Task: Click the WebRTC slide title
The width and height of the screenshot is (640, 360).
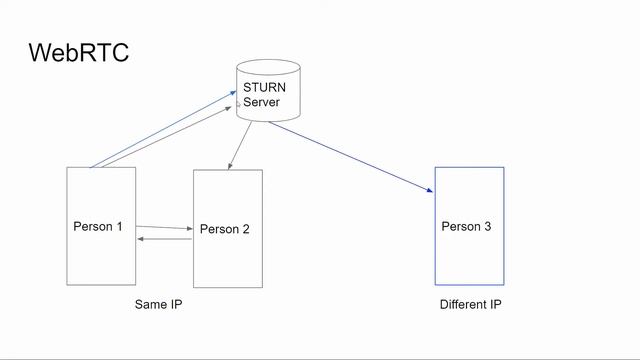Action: pos(79,52)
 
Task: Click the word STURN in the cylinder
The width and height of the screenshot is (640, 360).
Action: pos(264,88)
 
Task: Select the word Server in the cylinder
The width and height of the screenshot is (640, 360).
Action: pos(262,102)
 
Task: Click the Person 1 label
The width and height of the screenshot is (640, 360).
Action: pos(98,226)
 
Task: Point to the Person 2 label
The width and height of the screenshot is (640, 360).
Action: pos(225,229)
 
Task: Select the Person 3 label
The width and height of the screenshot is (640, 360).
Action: pos(466,226)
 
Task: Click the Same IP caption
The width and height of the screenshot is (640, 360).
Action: pos(158,304)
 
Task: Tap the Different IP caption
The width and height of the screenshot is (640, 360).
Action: pos(470,304)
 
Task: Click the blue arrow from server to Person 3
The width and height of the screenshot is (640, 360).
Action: pos(350,155)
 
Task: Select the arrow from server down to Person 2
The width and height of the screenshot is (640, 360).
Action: pos(240,146)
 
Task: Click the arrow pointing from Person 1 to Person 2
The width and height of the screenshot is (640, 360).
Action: pos(164,228)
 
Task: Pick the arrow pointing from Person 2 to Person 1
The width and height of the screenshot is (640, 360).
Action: pos(164,239)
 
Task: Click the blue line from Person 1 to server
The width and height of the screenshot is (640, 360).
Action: pos(160,130)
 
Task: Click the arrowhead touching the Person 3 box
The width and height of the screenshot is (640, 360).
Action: pos(431,189)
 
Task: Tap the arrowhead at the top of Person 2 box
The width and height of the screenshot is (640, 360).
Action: pos(229,166)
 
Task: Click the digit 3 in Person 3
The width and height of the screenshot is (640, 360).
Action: pos(487,226)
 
